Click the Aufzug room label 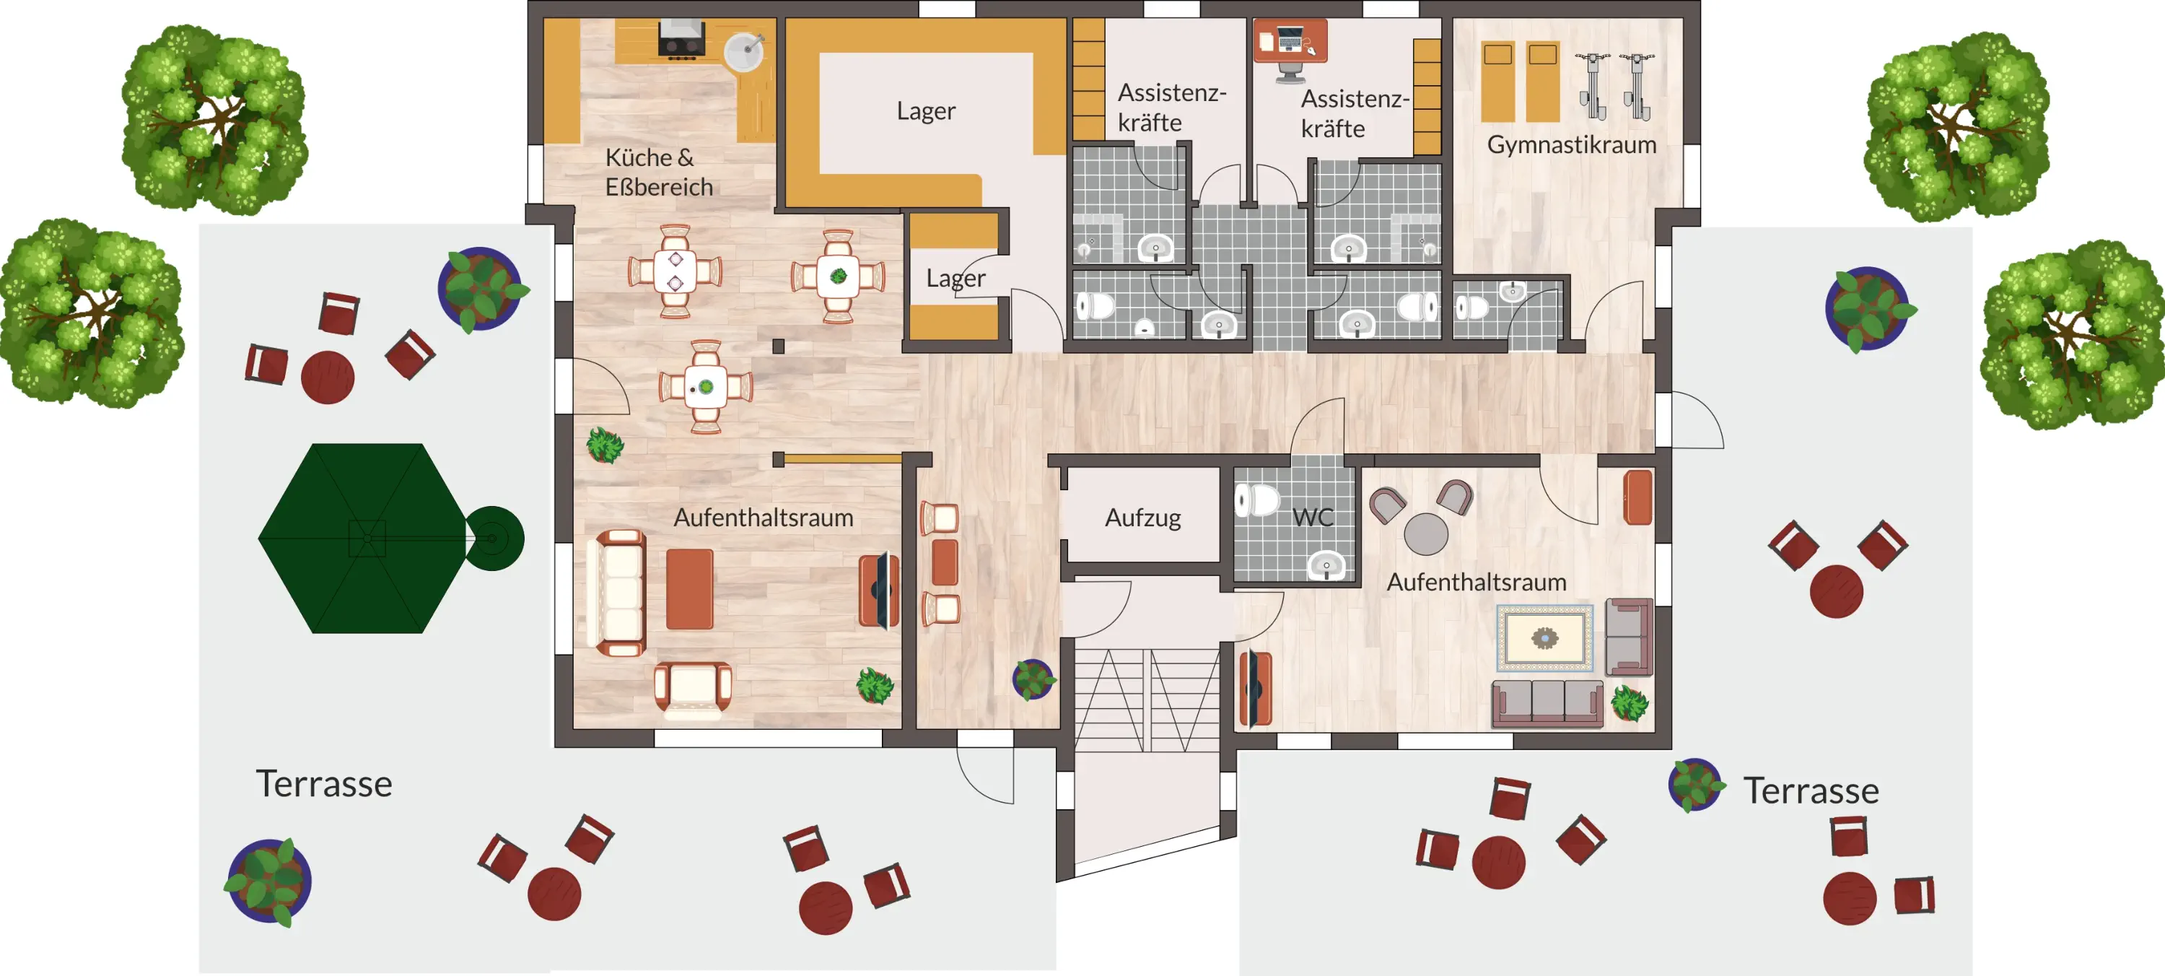tap(1142, 518)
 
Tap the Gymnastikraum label tap(1572, 144)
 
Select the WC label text tap(1313, 517)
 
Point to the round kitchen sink tap(744, 52)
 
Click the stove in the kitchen tap(681, 40)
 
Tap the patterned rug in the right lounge tap(1544, 638)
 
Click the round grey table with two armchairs tap(1425, 533)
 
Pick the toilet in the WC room tap(1256, 500)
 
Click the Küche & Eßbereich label tap(659, 172)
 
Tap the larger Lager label tap(925, 111)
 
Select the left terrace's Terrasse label tap(323, 783)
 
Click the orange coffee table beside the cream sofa tap(689, 589)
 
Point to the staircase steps tap(1147, 700)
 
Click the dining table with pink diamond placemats tap(675, 271)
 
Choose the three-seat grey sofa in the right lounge tap(1547, 704)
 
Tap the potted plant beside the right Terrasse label tap(1695, 784)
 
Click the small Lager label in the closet tap(955, 278)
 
